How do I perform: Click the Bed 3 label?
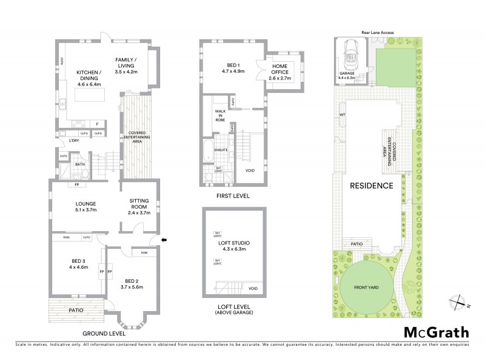click(78, 263)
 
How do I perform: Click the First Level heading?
click(233, 196)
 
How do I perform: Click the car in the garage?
click(352, 55)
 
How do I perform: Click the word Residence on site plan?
click(372, 186)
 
